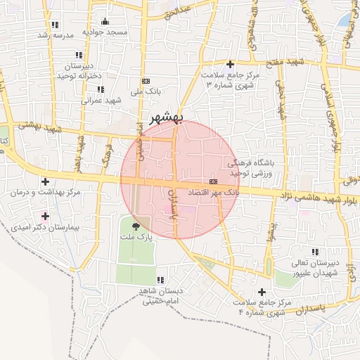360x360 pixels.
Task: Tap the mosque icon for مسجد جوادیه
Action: [x=105, y=21]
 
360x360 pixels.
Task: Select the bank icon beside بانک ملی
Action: [x=145, y=81]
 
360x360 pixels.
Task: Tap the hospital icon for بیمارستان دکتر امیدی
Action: [x=46, y=216]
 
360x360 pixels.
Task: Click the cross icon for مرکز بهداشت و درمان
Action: [x=46, y=181]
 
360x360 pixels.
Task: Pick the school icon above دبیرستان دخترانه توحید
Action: [x=79, y=55]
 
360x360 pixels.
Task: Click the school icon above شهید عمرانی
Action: [x=101, y=89]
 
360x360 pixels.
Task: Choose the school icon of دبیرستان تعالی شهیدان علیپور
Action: [x=314, y=252]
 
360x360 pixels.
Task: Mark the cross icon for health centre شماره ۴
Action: [x=262, y=291]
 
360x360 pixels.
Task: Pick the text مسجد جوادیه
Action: [x=105, y=32]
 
